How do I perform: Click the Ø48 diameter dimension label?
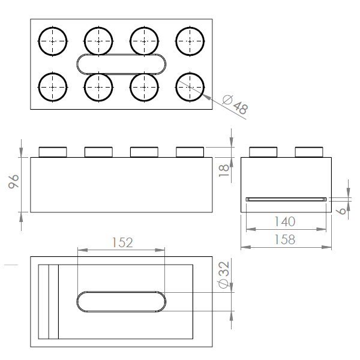point(235,104)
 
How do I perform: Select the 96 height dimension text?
point(13,181)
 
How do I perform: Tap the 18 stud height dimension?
point(224,170)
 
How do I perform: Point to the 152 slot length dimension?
point(122,242)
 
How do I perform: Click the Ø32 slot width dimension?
point(224,275)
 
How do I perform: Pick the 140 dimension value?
point(285,221)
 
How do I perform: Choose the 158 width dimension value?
point(285,239)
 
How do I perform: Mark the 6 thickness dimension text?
point(343,211)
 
